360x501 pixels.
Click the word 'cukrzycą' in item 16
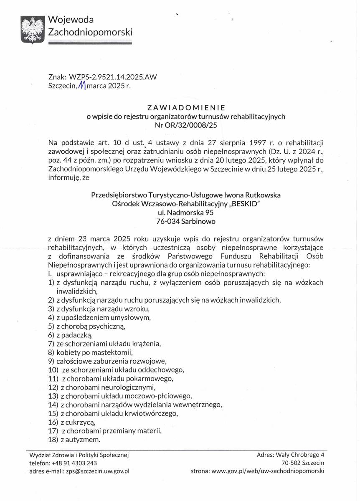point(88,422)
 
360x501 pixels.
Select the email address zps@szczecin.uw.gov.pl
point(97,471)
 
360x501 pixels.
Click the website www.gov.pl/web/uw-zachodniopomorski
point(268,471)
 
